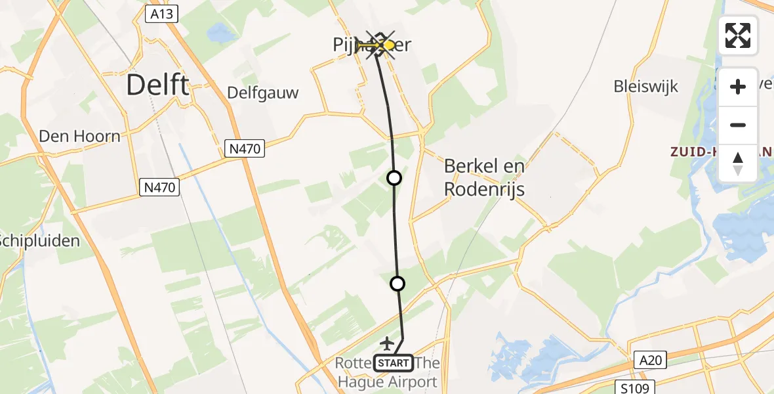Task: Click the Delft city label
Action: [157, 85]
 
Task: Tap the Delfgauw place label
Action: [262, 93]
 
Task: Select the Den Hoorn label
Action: [80, 137]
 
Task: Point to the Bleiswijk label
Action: [645, 86]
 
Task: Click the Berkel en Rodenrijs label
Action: [484, 177]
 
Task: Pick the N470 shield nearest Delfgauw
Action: [246, 149]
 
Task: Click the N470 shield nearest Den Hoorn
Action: [160, 188]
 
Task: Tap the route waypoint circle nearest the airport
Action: [397, 284]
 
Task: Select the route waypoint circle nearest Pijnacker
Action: [394, 177]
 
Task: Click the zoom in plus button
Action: [738, 87]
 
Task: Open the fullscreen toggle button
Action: [738, 35]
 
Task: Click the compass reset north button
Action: [738, 163]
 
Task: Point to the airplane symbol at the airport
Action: [387, 343]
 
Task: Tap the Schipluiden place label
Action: [39, 240]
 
